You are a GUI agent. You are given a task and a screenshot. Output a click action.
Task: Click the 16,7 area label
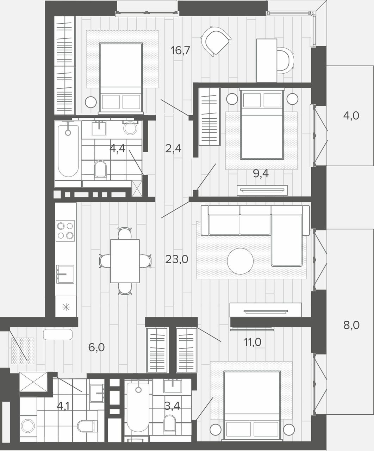click(x=180, y=50)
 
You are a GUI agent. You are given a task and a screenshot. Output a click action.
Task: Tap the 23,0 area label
click(x=177, y=259)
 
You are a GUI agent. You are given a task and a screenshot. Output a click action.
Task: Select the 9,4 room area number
click(x=261, y=173)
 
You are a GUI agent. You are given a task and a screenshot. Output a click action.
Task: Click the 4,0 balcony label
click(x=351, y=116)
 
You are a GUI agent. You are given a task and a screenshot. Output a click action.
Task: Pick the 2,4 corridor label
click(x=173, y=148)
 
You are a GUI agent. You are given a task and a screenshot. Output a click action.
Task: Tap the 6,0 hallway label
click(x=96, y=347)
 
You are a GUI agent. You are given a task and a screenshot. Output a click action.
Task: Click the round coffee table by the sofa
click(x=240, y=261)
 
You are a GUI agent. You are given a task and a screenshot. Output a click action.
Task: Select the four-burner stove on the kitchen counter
click(x=65, y=231)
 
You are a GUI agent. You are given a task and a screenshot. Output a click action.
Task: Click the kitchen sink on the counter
click(x=65, y=274)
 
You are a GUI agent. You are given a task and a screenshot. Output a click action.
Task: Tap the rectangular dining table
click(x=125, y=261)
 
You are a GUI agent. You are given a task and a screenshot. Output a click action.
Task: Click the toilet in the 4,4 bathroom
click(x=100, y=169)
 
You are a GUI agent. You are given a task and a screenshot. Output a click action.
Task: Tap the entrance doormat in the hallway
click(x=23, y=351)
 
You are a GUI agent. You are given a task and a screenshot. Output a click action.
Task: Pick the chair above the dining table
click(x=125, y=233)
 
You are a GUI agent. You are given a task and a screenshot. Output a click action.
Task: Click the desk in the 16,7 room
click(x=267, y=61)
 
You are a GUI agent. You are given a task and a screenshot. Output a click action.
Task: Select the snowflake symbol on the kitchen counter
click(x=66, y=307)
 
